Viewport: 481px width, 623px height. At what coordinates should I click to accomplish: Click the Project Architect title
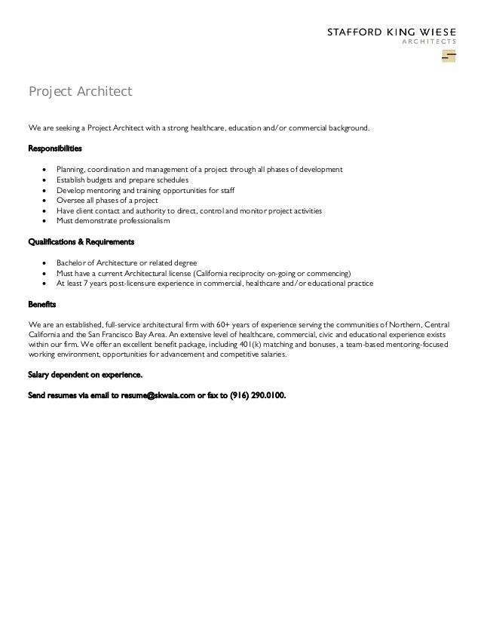pos(80,92)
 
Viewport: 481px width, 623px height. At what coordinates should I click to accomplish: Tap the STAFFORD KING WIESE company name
pos(391,32)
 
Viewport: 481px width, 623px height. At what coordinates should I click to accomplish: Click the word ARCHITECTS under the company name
pos(427,43)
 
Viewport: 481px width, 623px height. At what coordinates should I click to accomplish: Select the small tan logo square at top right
pos(449,57)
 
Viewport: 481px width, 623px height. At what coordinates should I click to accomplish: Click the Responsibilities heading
pos(55,148)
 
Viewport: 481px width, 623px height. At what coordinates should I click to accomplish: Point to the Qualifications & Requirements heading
pos(81,242)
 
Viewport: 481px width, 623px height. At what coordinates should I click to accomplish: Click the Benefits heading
pos(41,305)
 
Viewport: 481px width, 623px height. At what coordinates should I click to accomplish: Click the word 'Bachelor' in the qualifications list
pos(72,262)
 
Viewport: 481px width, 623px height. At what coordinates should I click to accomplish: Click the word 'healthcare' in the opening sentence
pos(207,128)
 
